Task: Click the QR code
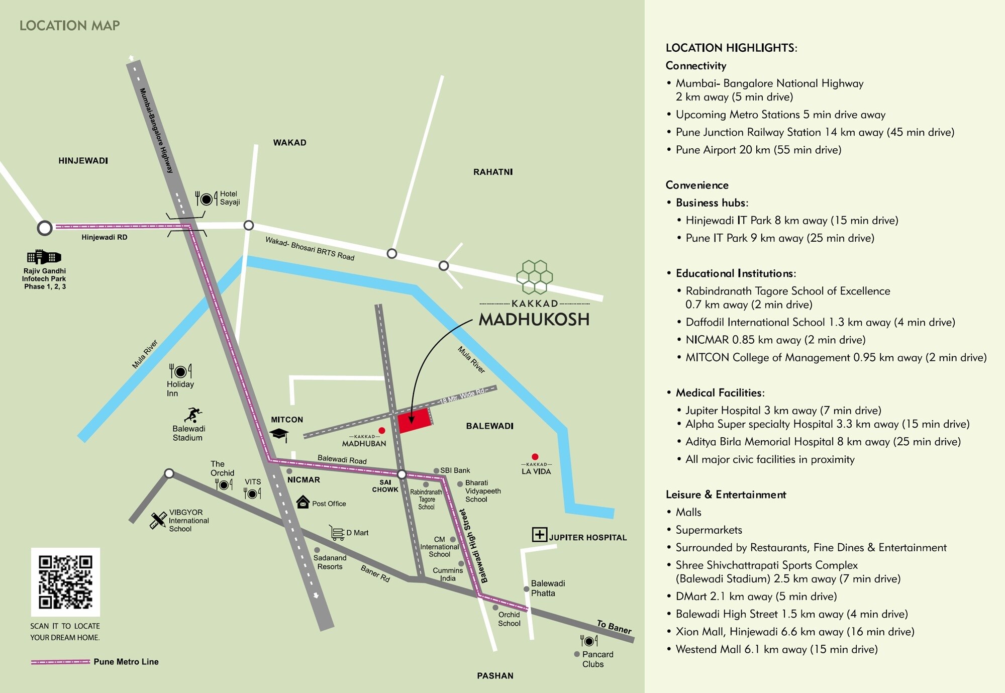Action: coord(65,582)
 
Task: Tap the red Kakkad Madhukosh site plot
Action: coord(415,420)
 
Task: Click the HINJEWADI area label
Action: coord(83,161)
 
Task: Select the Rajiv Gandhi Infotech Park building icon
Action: coord(44,257)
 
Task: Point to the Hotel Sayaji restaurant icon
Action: coord(206,199)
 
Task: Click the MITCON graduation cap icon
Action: coord(279,434)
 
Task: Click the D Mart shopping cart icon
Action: coord(337,533)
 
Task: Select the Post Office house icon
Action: coord(303,502)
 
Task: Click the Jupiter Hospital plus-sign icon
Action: coord(539,534)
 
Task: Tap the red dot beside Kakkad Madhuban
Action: coord(382,430)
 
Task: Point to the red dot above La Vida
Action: coord(535,457)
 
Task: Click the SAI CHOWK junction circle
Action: coord(402,474)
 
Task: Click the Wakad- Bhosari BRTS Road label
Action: coord(310,248)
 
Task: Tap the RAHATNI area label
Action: coord(492,172)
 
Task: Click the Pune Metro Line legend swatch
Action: coord(60,662)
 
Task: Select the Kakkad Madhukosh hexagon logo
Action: coord(535,277)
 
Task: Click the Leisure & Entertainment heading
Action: coord(725,494)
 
